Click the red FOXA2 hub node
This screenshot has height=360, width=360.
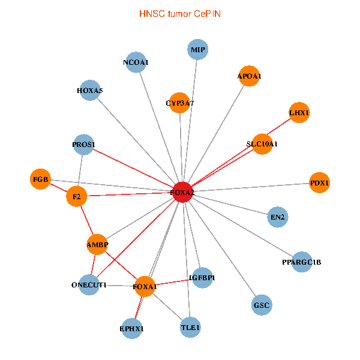(182, 192)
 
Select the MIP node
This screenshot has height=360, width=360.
(198, 50)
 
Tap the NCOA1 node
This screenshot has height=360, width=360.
(136, 62)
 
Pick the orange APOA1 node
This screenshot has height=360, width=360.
(249, 76)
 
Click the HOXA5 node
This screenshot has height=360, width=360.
(90, 91)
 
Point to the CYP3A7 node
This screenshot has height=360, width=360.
(180, 103)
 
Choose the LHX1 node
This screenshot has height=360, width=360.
(299, 112)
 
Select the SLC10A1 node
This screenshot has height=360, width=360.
(262, 144)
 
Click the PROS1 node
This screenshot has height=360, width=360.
(84, 144)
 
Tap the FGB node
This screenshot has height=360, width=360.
(40, 179)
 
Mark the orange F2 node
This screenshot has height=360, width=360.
(77, 196)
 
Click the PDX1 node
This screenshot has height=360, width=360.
(320, 182)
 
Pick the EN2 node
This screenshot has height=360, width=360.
(277, 217)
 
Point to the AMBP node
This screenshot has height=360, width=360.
(97, 244)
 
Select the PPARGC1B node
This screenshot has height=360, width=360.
(302, 262)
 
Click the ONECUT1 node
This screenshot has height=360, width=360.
(89, 284)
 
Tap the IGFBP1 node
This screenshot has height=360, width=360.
(202, 278)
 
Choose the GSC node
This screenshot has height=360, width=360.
(262, 305)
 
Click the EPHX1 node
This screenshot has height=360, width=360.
(132, 328)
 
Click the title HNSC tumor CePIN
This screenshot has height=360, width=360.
(180, 13)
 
